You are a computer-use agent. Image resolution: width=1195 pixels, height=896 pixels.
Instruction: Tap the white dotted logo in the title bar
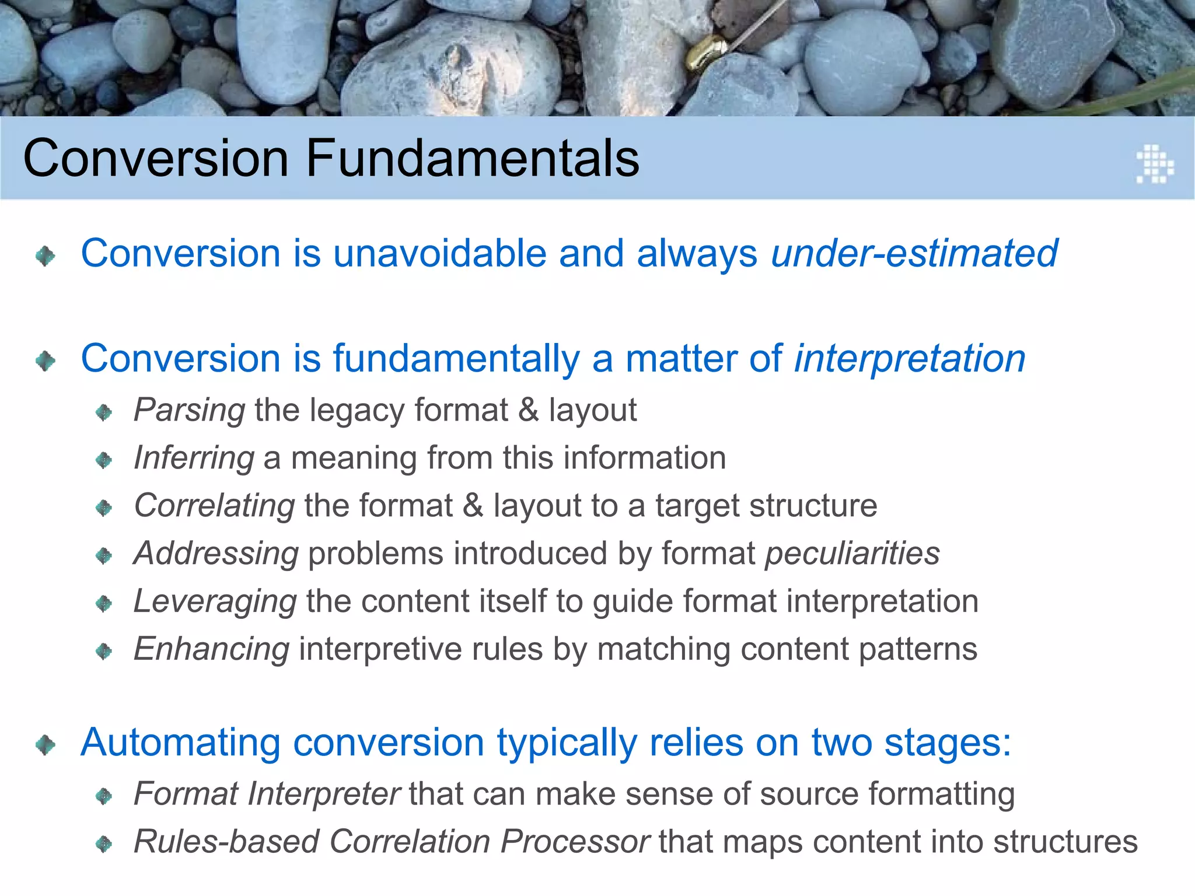point(1155,164)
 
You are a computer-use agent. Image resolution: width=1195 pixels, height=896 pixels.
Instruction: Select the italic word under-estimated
point(914,253)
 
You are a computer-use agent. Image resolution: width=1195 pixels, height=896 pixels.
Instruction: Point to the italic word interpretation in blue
point(910,358)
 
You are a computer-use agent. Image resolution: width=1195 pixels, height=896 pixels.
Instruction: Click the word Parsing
point(189,410)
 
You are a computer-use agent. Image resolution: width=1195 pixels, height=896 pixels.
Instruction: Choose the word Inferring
point(194,458)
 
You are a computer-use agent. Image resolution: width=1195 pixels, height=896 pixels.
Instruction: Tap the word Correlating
point(214,506)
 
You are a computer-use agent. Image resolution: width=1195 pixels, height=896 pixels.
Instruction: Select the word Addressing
point(216,554)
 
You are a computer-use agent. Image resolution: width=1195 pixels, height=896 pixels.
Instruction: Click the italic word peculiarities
point(852,554)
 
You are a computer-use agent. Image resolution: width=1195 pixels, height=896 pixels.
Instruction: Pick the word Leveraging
point(215,601)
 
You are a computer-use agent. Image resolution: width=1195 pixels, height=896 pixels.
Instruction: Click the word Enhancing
point(211,649)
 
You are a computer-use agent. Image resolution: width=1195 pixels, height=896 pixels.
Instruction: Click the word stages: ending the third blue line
point(948,744)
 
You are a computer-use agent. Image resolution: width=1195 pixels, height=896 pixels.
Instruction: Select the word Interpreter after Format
point(324,794)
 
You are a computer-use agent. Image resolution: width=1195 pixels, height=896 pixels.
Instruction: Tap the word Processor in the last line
point(575,842)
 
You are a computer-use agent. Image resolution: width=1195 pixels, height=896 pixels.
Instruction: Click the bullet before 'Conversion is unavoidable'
point(46,256)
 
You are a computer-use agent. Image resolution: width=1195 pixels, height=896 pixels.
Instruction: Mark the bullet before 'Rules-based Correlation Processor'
point(104,843)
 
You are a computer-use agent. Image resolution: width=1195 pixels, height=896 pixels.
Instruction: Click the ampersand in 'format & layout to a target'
point(473,506)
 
